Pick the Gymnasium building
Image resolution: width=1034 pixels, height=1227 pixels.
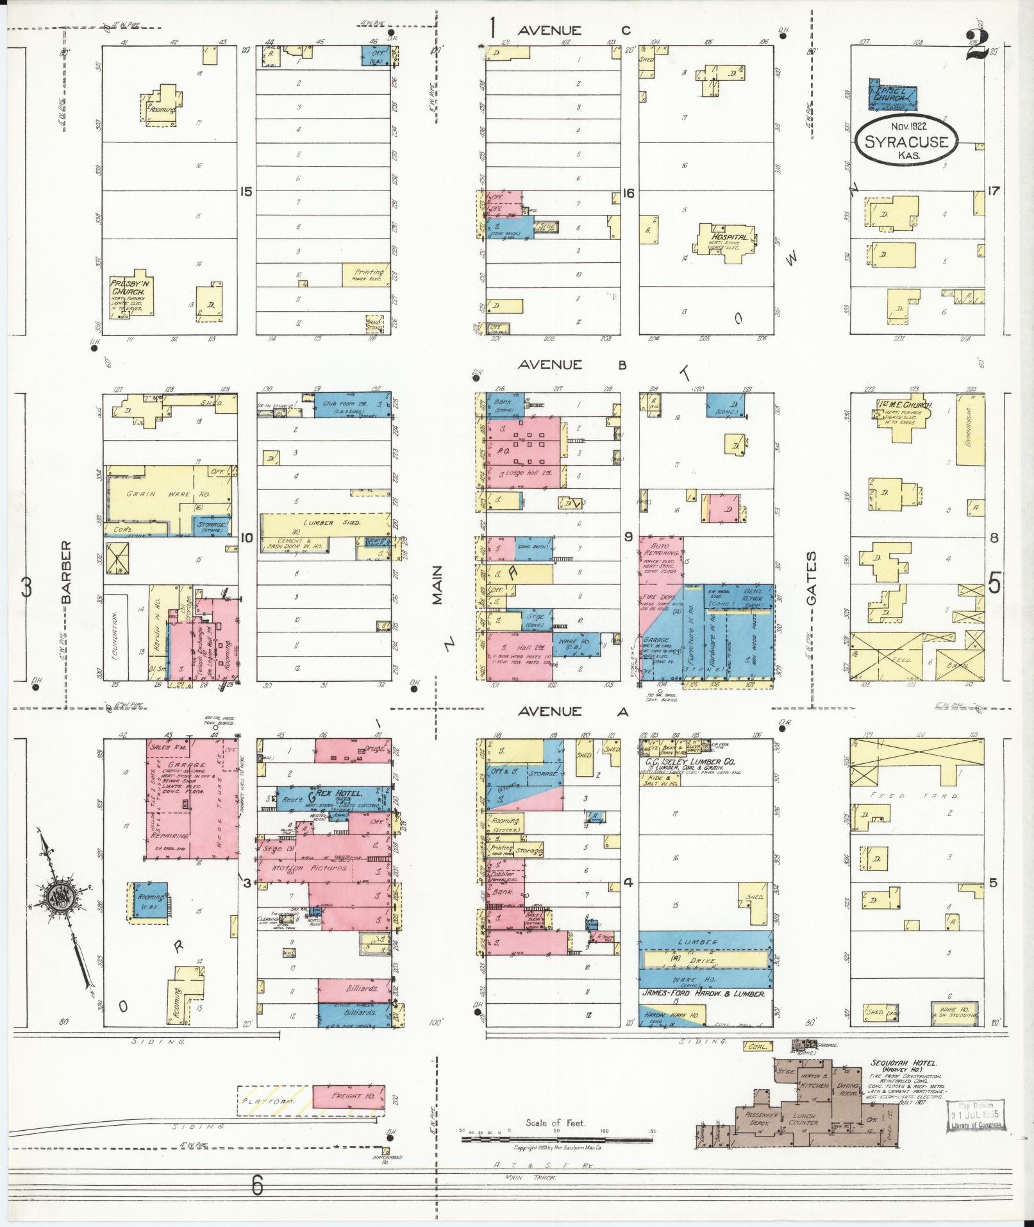coord(970,429)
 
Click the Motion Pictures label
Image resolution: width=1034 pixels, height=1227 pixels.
coord(310,868)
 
